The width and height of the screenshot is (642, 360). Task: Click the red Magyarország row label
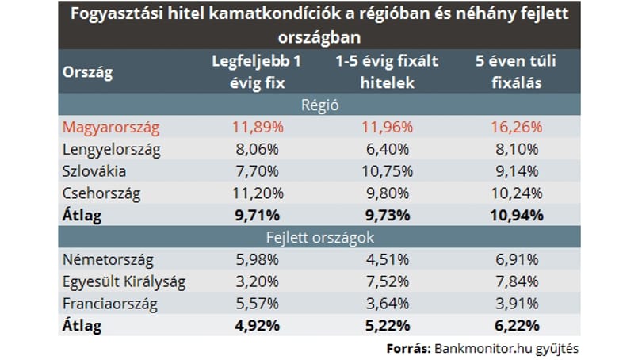[x=110, y=128]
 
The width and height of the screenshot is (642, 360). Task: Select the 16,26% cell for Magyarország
[x=516, y=128]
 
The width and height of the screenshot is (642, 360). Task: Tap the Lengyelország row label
[x=112, y=150]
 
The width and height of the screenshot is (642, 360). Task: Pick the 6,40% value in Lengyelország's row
[x=388, y=150]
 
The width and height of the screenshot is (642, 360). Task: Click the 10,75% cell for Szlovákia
[x=387, y=171]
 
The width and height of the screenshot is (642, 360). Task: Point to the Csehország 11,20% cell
[x=258, y=193]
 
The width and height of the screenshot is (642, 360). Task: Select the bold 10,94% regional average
[x=516, y=216]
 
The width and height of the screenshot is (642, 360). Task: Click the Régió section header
[x=319, y=105]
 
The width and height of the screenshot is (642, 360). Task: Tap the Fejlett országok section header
[x=319, y=238]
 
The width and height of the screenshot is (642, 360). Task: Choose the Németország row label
[x=108, y=260]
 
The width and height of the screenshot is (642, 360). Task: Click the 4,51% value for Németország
[x=388, y=260]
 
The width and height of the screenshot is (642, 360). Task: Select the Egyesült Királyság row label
[x=124, y=282]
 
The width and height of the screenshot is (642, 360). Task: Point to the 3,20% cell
[x=257, y=282]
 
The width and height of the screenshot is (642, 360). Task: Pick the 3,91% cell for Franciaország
[x=517, y=304]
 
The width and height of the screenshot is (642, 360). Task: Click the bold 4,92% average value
[x=257, y=327]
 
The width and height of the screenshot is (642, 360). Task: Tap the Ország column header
[x=88, y=72]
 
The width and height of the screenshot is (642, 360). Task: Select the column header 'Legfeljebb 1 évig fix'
[x=257, y=72]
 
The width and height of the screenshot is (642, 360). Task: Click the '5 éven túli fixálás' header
[x=516, y=72]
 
